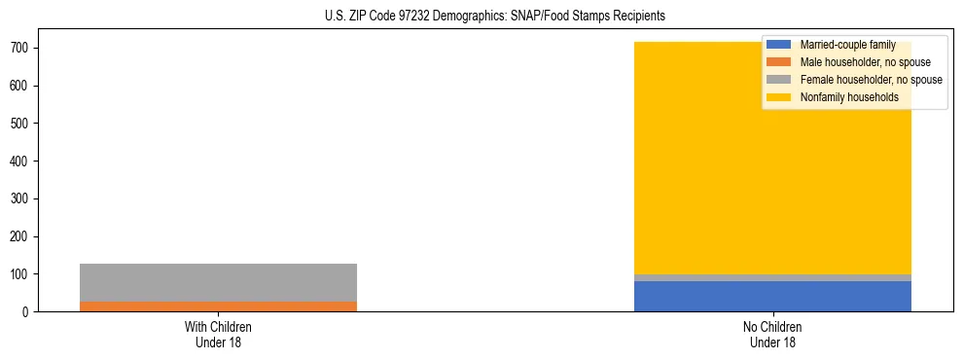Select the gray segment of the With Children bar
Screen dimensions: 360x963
[218, 282]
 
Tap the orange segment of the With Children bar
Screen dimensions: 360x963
[218, 306]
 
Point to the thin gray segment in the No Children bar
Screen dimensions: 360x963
[772, 278]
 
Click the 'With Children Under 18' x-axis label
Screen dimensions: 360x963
[218, 335]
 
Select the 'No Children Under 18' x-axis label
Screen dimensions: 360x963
[772, 335]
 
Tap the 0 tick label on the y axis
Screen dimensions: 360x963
[29, 312]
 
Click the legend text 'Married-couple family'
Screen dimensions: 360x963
[847, 45]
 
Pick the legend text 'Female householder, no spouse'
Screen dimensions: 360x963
[871, 80]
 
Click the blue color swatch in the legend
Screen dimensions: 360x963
[779, 45]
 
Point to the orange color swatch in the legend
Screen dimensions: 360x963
[779, 62]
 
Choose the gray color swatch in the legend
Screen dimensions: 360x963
[779, 80]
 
